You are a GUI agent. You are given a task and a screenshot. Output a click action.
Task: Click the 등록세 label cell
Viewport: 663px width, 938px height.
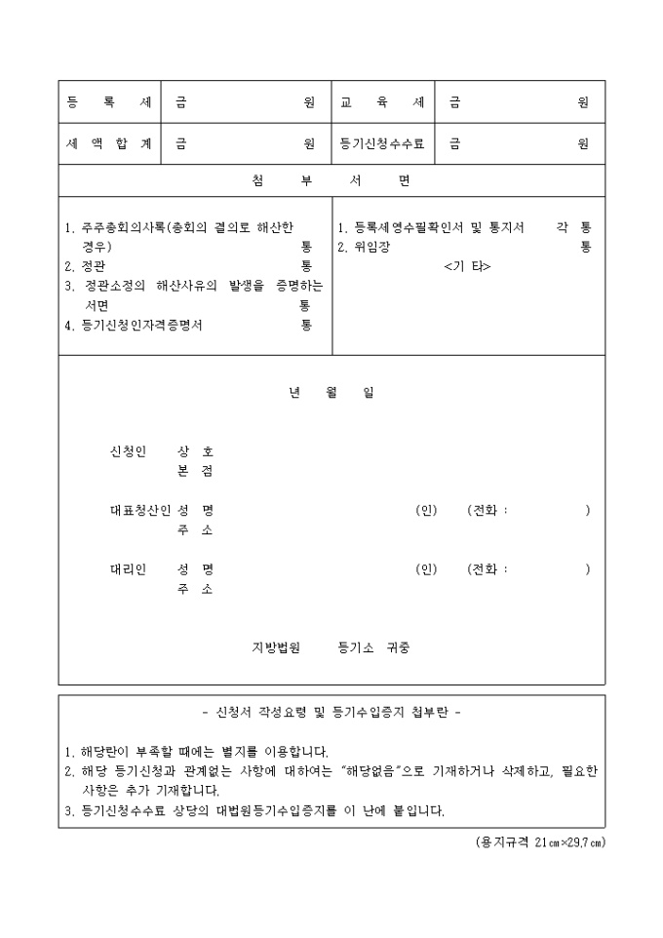[x=108, y=101]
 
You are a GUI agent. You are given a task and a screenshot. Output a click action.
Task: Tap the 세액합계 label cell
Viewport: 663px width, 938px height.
[x=108, y=143]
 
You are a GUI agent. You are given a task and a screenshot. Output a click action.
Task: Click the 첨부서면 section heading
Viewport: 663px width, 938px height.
[x=331, y=181]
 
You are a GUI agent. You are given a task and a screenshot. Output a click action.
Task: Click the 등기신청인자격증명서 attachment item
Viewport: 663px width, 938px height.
[x=140, y=326]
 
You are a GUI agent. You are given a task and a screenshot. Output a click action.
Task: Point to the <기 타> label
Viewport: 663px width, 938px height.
[x=467, y=266]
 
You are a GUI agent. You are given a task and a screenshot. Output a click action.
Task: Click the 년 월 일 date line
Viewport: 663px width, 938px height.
[x=331, y=393]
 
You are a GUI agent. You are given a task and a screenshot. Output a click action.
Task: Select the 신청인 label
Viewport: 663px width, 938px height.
[x=128, y=451]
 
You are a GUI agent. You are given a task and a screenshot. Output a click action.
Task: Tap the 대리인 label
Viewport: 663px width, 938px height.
[x=128, y=569]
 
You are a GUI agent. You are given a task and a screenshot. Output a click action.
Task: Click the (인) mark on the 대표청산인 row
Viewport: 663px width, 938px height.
[x=426, y=510]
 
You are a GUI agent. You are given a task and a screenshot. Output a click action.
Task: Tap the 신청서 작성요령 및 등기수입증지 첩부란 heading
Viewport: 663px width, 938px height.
[x=331, y=712]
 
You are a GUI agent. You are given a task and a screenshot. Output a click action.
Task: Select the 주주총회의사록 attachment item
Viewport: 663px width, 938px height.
[x=185, y=227]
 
